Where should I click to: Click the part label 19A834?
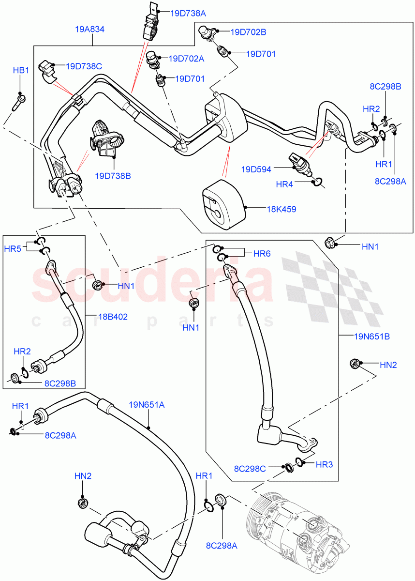click(x=90, y=29)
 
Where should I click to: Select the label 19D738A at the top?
click(x=188, y=13)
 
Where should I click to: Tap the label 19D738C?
click(x=84, y=66)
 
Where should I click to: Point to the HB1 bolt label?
click(x=21, y=71)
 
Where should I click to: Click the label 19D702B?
click(x=249, y=32)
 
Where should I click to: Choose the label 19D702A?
click(x=187, y=59)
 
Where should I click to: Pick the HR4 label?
click(x=284, y=184)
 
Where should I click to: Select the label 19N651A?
click(x=147, y=404)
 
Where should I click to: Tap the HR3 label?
click(x=324, y=464)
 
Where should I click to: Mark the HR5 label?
click(x=13, y=249)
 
